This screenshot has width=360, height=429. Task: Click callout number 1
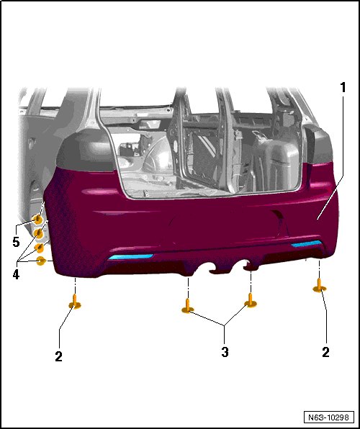[x=343, y=88]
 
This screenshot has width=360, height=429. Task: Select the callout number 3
[x=225, y=352]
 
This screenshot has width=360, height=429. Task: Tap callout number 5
[x=16, y=242]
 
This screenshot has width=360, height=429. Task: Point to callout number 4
[x=16, y=274]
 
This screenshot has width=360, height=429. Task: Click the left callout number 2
[x=58, y=356]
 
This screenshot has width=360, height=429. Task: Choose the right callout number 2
[x=325, y=352]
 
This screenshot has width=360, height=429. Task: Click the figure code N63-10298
[x=328, y=417]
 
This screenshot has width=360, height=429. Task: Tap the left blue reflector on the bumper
[x=131, y=257]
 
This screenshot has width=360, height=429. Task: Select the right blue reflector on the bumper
[x=306, y=243]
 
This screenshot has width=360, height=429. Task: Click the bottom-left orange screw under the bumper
[x=74, y=302]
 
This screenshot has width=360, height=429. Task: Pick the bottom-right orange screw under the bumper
[x=320, y=286]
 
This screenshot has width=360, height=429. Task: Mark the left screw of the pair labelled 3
[x=188, y=307]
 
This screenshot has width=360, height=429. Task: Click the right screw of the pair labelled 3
[x=251, y=300]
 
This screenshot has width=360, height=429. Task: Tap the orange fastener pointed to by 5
[x=37, y=219]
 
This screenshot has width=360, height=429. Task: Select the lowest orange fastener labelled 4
[x=41, y=261]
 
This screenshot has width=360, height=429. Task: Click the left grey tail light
[x=85, y=151]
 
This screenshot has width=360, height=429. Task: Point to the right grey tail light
[x=319, y=145]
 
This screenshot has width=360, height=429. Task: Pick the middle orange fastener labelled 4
[x=39, y=248]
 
